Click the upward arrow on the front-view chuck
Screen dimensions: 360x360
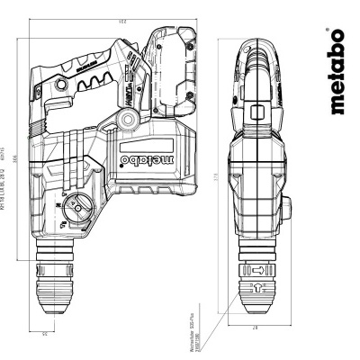[254, 286]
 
